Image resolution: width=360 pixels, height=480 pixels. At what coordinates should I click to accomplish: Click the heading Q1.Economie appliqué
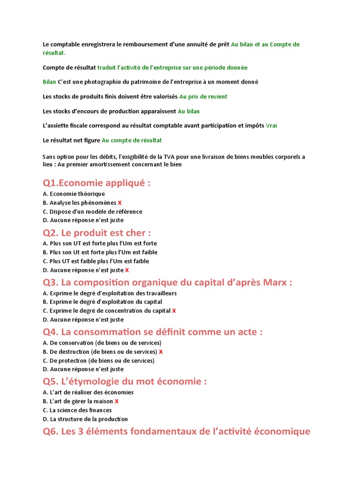pos(97,183)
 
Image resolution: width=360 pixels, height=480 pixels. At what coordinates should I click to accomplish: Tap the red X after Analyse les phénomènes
pos(120,203)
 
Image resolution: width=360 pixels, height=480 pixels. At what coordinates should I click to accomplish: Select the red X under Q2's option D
pos(127,270)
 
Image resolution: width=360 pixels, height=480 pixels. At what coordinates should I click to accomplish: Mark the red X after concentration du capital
pos(174,311)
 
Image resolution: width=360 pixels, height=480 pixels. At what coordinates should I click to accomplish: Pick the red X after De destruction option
pos(161,352)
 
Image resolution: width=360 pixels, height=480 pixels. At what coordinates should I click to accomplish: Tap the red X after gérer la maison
pos(117,401)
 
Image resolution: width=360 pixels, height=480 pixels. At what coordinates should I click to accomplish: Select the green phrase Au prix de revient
pos(203,97)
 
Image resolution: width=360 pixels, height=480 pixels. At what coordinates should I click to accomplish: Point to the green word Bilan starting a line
pos(49,82)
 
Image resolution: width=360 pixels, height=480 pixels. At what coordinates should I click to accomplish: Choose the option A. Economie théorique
pos(74,194)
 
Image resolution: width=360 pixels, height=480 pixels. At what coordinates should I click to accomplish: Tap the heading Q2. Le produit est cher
pos(97,233)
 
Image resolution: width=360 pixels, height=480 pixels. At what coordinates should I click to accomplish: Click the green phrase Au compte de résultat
pos(132,140)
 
